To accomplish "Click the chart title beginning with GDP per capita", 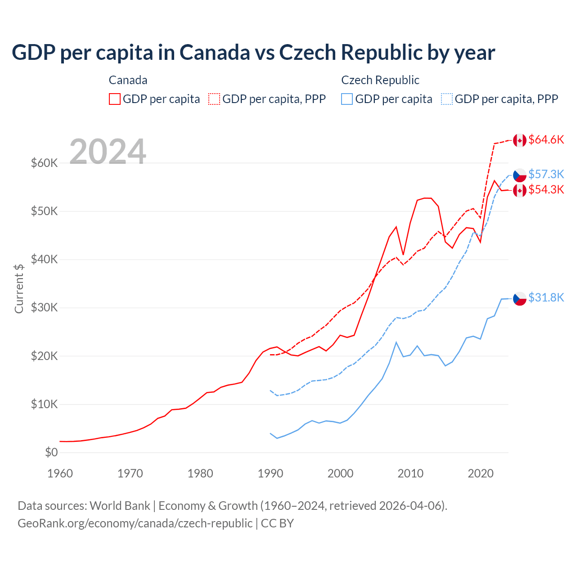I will click(253, 53).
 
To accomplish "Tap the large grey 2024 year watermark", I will click(108, 152).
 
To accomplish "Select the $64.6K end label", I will click(546, 140).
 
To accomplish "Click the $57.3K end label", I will click(546, 174).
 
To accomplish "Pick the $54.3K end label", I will click(546, 190).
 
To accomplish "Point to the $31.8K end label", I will click(546, 298).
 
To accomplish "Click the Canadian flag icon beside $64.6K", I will click(520, 140).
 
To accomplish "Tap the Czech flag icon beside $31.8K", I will click(520, 298).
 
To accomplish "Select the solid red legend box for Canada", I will click(115, 99).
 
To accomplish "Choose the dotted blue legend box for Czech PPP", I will click(447, 99).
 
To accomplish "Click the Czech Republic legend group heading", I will click(380, 80).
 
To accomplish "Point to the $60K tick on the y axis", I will click(45, 163).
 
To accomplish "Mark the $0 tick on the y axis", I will click(51, 452).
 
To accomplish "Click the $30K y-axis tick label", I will click(45, 308).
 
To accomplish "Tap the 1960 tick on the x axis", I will click(60, 473).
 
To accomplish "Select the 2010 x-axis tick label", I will click(410, 473).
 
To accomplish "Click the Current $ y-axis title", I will click(19, 288).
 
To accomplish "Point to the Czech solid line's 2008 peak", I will click(396, 342).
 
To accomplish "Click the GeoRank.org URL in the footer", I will click(135, 523).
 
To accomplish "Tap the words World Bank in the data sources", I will click(120, 506).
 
